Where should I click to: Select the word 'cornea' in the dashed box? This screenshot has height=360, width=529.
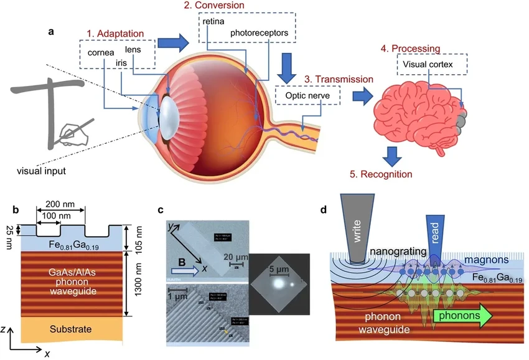[100, 52]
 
